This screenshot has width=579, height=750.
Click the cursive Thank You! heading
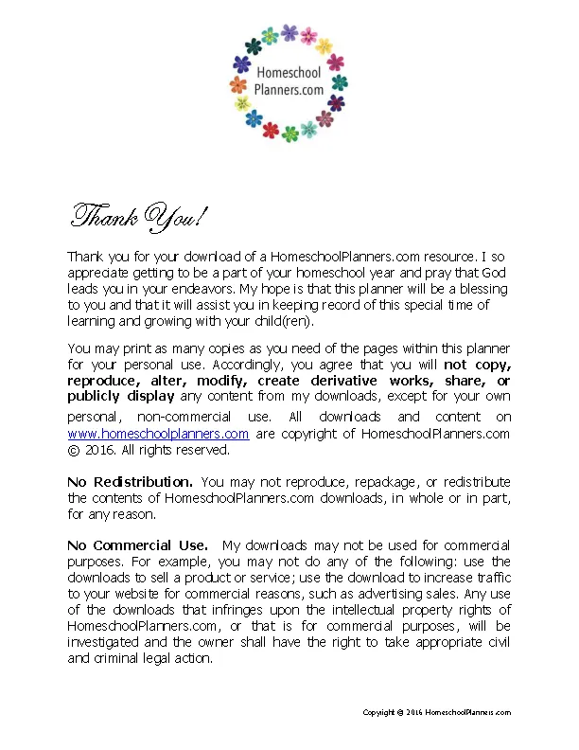pyautogui.click(x=138, y=218)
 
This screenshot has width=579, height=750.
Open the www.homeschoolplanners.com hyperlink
pyautogui.click(x=158, y=434)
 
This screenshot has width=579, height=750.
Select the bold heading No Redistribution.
pyautogui.click(x=131, y=482)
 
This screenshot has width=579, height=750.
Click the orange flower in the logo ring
pyautogui.click(x=238, y=85)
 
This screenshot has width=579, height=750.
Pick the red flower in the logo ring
pyautogui.click(x=271, y=130)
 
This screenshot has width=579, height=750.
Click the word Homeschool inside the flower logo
pyautogui.click(x=289, y=72)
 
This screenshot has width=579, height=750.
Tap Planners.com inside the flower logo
pyautogui.click(x=289, y=89)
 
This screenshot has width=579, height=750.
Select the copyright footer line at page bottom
pyautogui.click(x=437, y=712)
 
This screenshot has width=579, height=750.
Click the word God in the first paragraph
pyautogui.click(x=496, y=273)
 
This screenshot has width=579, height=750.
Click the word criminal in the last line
pyautogui.click(x=112, y=658)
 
